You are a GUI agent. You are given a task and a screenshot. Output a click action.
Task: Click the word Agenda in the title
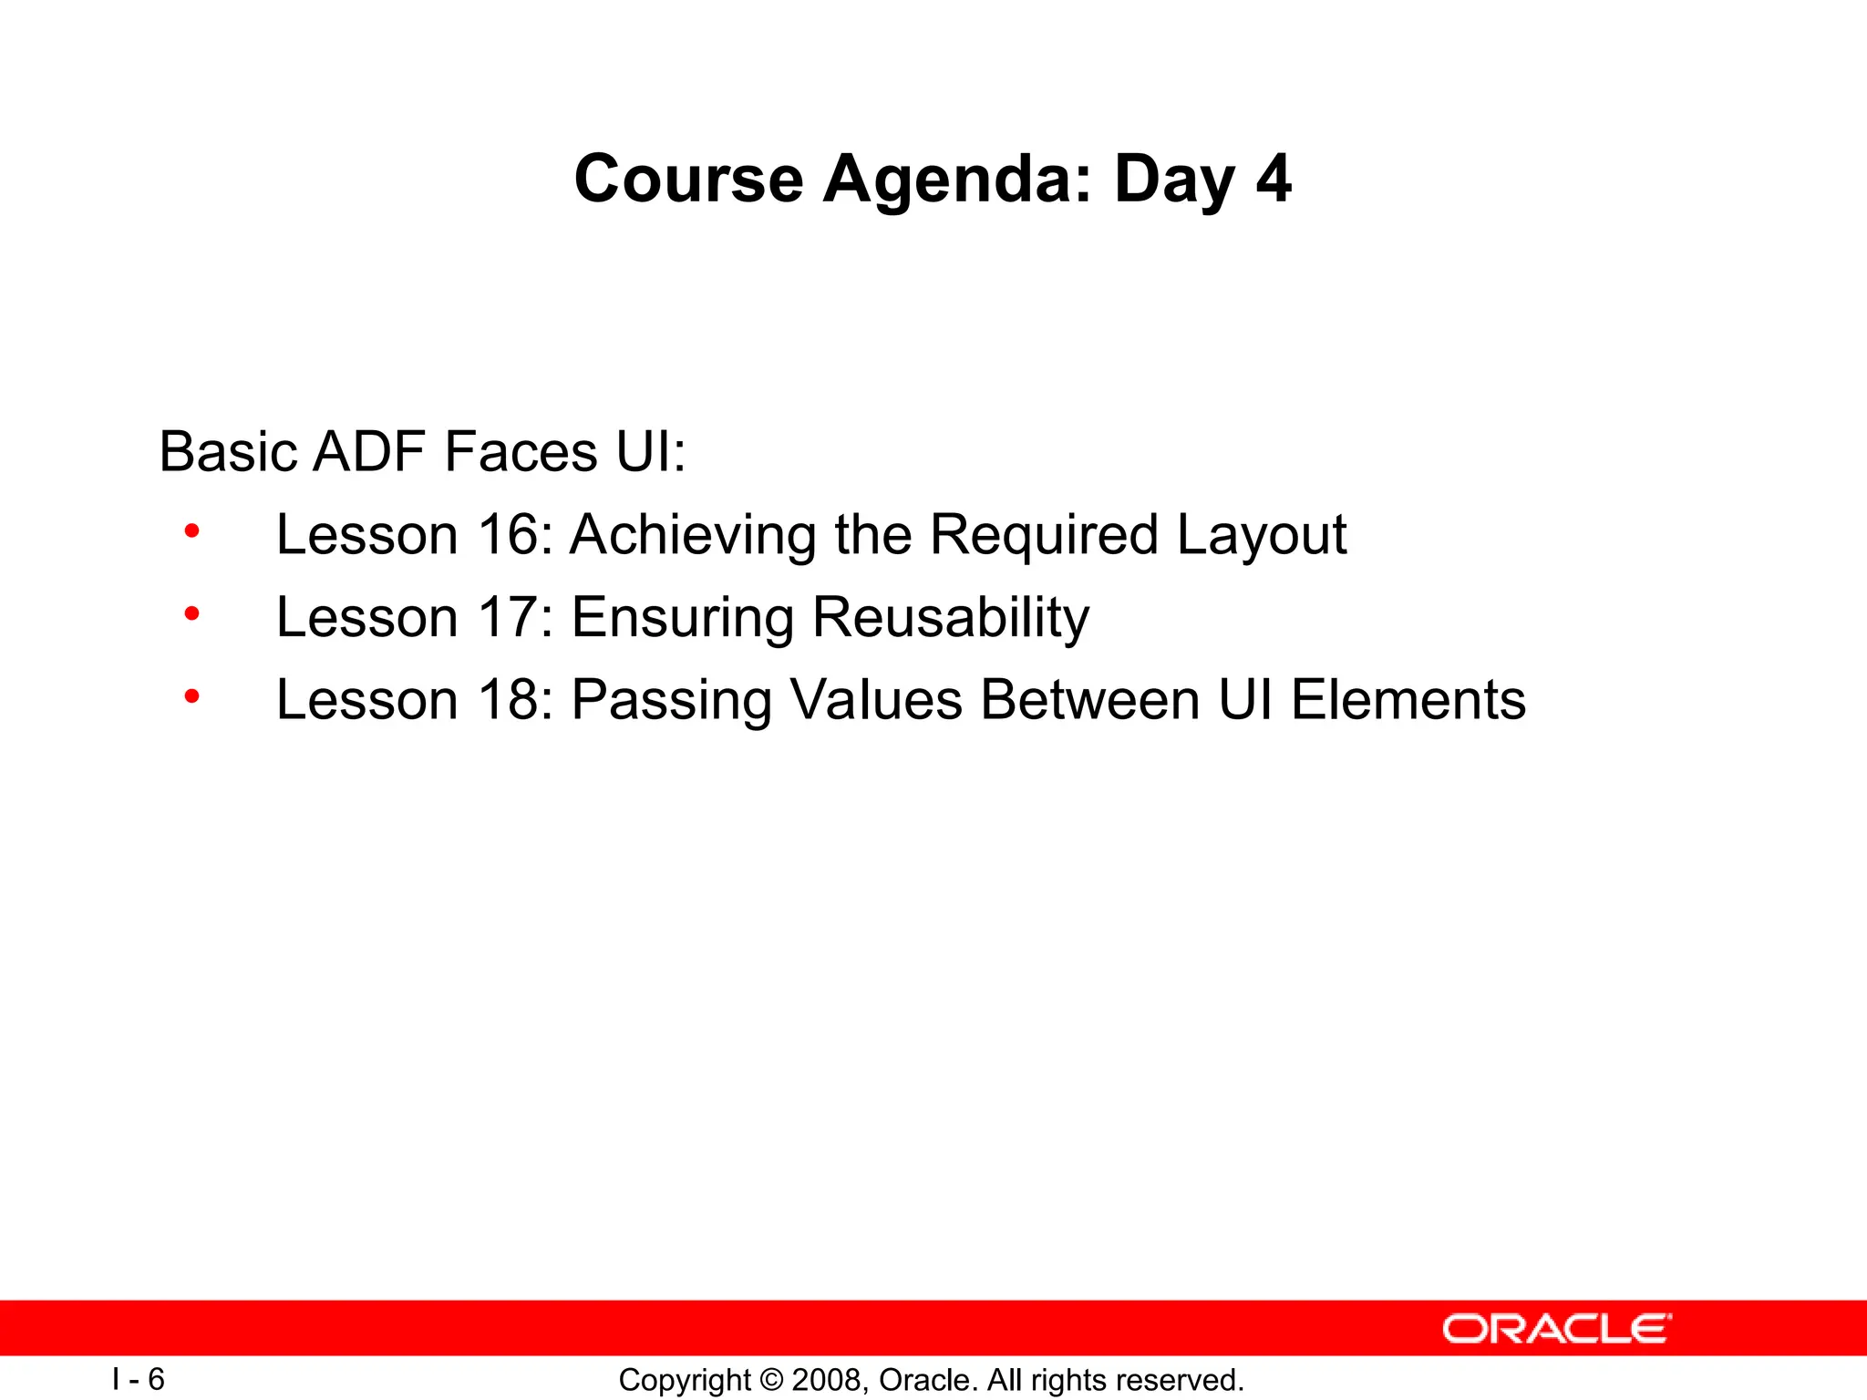coord(956,180)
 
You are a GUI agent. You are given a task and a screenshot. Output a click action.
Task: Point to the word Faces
coord(521,451)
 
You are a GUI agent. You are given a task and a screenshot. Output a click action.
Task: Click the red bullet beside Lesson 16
coord(191,531)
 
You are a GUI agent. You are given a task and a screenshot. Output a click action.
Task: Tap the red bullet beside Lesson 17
coord(191,614)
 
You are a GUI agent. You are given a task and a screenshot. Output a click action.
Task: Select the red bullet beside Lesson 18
coord(191,697)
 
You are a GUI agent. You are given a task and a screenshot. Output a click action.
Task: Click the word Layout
coord(1261,536)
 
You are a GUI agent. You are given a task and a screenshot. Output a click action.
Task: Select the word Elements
coord(1408,700)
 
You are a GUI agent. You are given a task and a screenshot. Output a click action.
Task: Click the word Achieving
coord(693,536)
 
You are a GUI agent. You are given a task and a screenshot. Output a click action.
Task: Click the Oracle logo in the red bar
coord(1556,1329)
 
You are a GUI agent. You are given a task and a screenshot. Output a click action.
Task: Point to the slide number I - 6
coord(139,1379)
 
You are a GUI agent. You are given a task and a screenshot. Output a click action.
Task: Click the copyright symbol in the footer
coord(771,1380)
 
